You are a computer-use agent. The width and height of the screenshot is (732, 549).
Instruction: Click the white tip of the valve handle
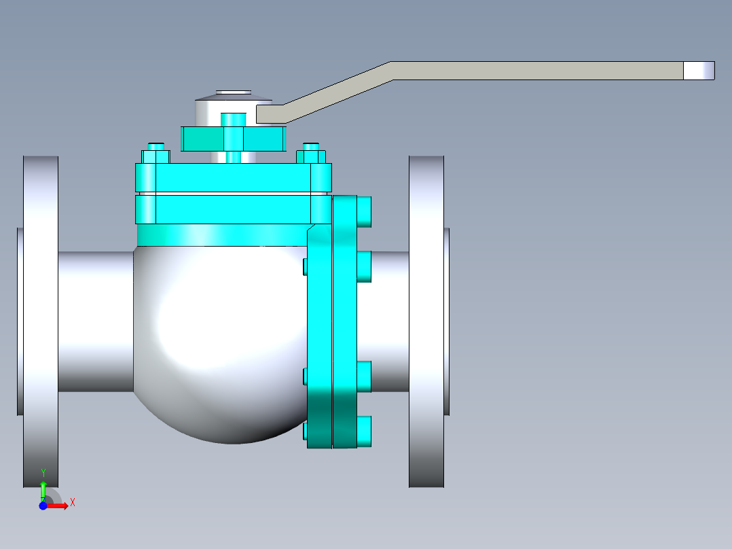coord(699,71)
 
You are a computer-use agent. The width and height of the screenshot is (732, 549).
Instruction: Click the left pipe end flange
coord(41,321)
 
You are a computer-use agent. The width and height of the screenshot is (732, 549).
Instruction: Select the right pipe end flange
coord(426,321)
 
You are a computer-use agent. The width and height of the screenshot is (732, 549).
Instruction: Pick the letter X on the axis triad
coord(73,502)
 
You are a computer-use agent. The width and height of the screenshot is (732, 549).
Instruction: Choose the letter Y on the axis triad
coord(43,473)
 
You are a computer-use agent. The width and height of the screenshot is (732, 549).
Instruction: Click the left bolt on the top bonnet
coord(155,154)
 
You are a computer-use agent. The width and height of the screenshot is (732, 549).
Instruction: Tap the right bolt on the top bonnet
coord(311,154)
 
